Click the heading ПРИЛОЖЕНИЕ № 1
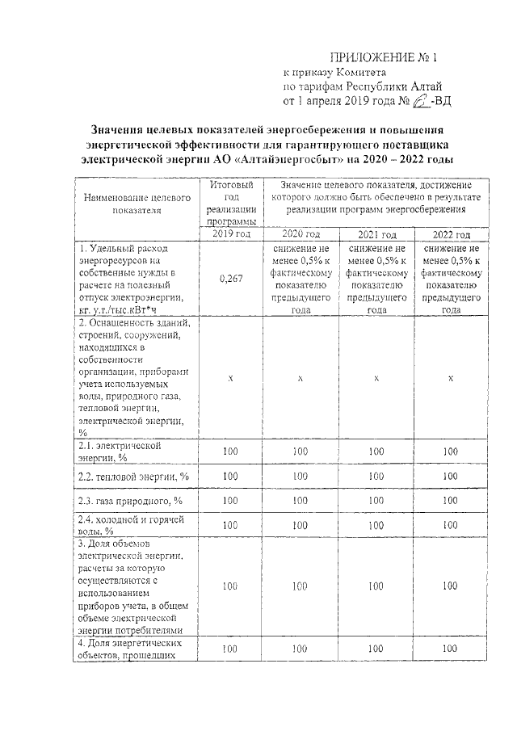point(384,58)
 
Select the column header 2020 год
point(301,233)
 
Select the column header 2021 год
point(375,233)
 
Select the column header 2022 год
point(451,233)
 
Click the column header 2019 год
point(231,233)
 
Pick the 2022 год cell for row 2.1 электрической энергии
point(451,451)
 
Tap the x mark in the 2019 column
point(231,378)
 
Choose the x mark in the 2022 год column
point(451,378)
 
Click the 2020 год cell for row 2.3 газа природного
point(301,502)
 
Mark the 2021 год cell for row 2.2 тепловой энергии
point(375,477)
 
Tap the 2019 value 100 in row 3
point(231,586)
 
